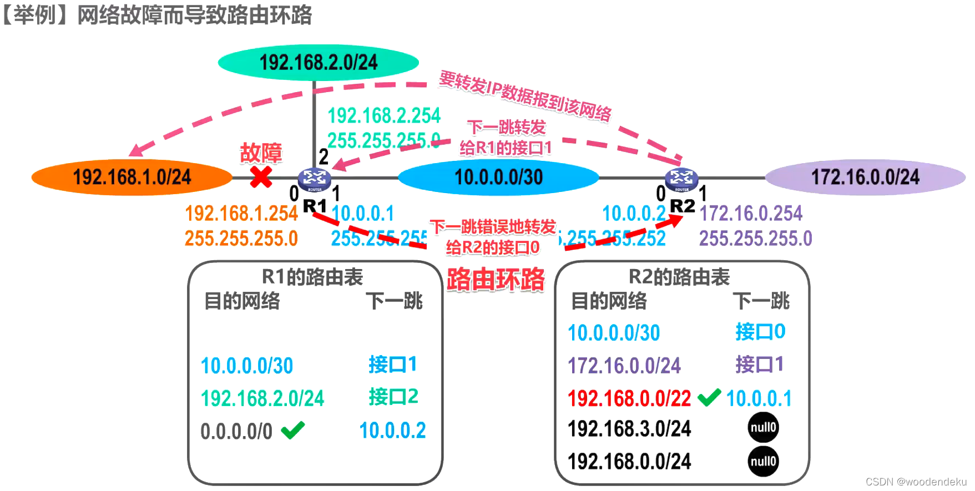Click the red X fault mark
click(x=261, y=177)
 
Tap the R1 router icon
click(x=315, y=179)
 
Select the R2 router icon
click(x=681, y=179)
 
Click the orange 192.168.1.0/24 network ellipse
click(x=132, y=177)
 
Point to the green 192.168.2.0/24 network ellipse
click(x=318, y=62)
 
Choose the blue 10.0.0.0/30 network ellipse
click(x=498, y=177)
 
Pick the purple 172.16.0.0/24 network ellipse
click(x=865, y=177)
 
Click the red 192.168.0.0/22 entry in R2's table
click(x=629, y=398)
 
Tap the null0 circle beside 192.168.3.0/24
click(x=763, y=427)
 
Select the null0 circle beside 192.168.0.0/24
click(x=763, y=461)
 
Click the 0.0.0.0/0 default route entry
click(x=236, y=431)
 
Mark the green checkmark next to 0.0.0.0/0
click(x=293, y=429)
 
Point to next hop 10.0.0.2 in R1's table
click(x=392, y=431)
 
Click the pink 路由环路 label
click(x=496, y=279)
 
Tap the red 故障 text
click(x=261, y=153)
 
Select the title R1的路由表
click(x=312, y=276)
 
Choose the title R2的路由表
click(x=679, y=276)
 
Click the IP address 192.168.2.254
click(x=384, y=115)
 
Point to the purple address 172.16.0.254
click(x=750, y=213)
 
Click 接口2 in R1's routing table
click(x=393, y=397)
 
